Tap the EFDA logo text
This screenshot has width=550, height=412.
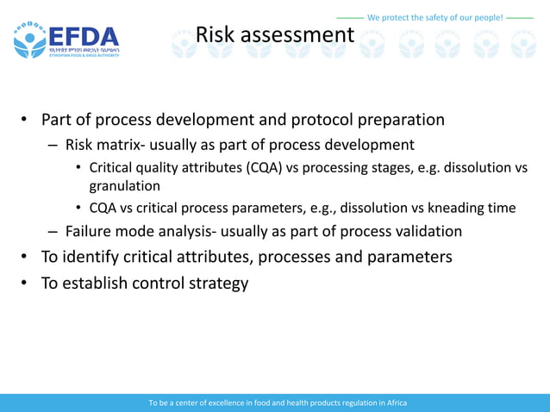tap(84, 38)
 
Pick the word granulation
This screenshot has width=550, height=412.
tap(125, 185)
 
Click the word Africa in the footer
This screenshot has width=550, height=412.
tap(397, 403)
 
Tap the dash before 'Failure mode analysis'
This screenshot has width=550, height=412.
tap(53, 231)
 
